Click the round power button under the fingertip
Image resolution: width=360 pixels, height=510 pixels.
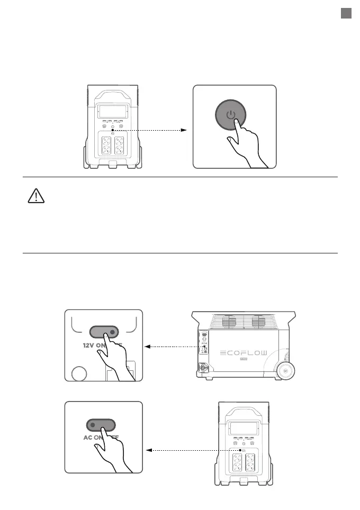[x=230, y=115]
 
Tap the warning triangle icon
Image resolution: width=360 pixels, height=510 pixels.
[x=35, y=197]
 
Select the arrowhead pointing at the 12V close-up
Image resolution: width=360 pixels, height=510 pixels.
[x=148, y=347]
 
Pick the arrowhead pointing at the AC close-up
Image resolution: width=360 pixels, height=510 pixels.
[x=148, y=450]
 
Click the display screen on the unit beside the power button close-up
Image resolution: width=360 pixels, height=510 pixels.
[x=112, y=112]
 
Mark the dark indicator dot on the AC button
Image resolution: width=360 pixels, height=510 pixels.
[x=92, y=425]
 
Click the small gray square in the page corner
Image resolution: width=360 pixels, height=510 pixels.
[x=346, y=14]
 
